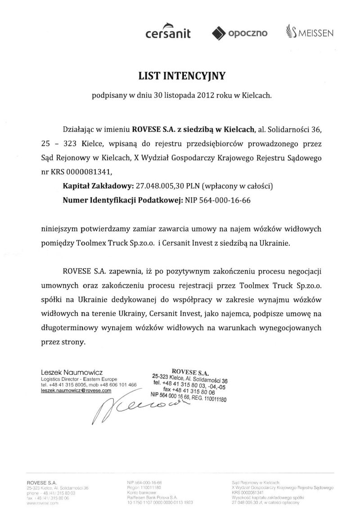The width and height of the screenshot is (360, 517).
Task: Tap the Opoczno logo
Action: click(x=239, y=33)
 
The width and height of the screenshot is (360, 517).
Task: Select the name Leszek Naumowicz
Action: click(x=72, y=373)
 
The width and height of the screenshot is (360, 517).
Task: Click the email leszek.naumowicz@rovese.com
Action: click(x=76, y=391)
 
